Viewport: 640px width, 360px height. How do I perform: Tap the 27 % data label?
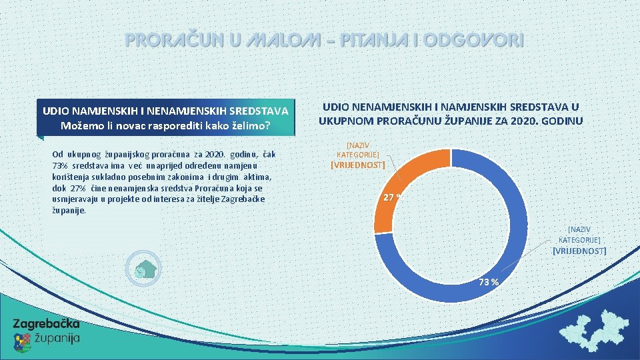point(392,197)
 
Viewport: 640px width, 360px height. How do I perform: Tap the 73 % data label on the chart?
point(489,281)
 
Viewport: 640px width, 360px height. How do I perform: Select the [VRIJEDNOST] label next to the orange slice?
point(358,165)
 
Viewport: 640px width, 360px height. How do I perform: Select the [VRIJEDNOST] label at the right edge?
point(579,251)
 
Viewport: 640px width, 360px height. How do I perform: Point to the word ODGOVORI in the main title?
point(474,41)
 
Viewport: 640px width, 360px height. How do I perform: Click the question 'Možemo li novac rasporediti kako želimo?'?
point(165,125)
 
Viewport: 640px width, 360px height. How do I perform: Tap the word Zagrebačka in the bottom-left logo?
point(47,324)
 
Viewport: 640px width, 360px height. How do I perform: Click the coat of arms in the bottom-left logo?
point(22,342)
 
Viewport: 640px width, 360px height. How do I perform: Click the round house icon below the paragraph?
point(144,269)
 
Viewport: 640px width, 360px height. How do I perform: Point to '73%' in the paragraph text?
point(59,165)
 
